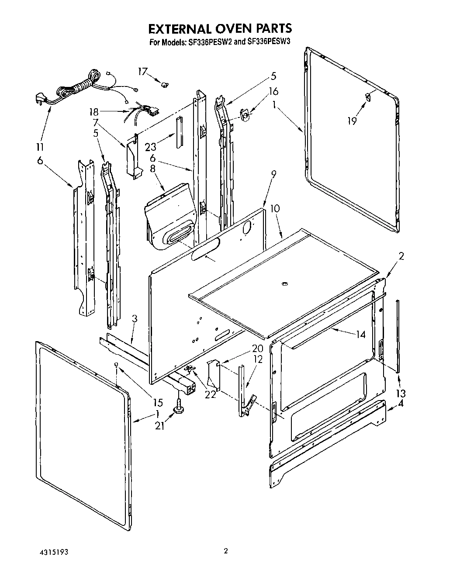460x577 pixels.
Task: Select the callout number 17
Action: click(143, 71)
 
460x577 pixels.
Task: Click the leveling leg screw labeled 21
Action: click(179, 407)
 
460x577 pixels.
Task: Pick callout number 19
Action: click(352, 121)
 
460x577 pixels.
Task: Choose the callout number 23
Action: click(150, 147)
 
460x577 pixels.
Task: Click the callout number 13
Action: click(401, 393)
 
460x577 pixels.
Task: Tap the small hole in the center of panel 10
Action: click(284, 284)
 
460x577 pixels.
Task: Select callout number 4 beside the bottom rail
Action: click(401, 404)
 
